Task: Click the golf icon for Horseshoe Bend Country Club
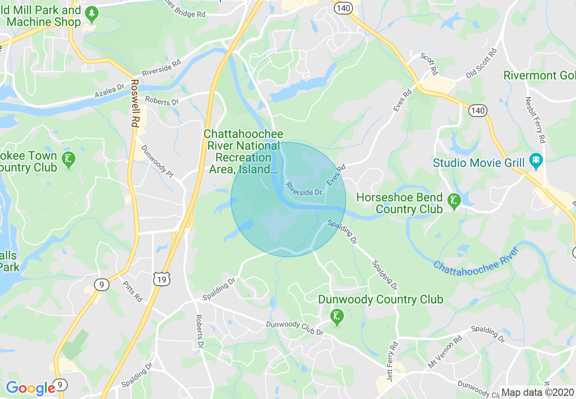453,200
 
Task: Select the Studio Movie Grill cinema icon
536,161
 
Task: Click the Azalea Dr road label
109,91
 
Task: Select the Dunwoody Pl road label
157,161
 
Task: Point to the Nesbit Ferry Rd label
535,120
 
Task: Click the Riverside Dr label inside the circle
304,189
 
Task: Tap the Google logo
31,388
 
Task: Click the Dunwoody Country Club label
380,299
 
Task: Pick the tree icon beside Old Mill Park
92,15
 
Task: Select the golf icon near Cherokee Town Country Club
69,160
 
